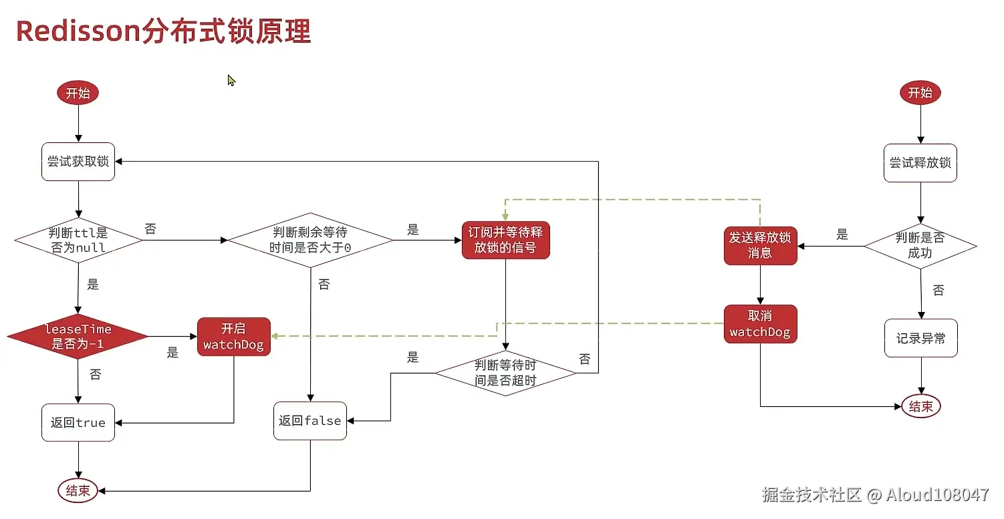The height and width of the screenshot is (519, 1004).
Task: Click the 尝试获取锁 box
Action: [78, 162]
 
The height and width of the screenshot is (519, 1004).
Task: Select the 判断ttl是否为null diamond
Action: [78, 240]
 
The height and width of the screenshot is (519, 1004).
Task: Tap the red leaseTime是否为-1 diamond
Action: [78, 337]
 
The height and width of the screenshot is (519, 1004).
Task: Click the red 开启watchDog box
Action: [234, 337]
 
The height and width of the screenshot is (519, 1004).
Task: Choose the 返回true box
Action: [78, 422]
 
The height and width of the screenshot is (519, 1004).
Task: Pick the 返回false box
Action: [310, 421]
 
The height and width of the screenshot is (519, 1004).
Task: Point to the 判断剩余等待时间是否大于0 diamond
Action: [310, 240]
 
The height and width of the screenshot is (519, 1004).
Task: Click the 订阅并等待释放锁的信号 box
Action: [505, 240]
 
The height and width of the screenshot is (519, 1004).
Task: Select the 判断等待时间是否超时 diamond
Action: [505, 373]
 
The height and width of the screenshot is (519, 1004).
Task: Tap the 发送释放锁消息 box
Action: [760, 245]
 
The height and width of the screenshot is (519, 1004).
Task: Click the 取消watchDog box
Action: [760, 325]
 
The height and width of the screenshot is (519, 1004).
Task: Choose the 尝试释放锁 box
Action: [920, 163]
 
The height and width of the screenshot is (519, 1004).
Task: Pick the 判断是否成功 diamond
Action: [920, 246]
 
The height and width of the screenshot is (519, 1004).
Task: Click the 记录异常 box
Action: [921, 339]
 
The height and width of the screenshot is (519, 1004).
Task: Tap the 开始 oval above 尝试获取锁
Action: [78, 94]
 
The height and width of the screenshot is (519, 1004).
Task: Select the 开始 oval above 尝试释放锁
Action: [920, 93]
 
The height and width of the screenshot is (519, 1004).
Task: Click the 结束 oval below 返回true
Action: [78, 491]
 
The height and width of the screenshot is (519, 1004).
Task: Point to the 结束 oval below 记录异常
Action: [921, 406]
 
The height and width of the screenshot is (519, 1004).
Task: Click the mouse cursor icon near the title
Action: [231, 81]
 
